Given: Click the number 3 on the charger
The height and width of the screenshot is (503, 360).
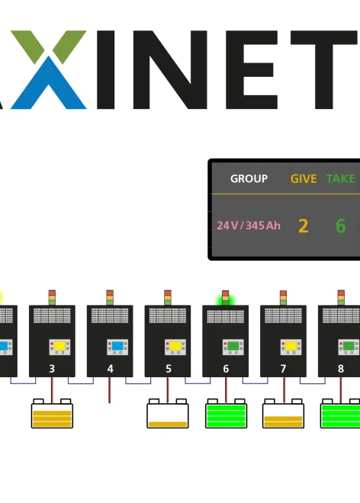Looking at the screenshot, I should point(52,369).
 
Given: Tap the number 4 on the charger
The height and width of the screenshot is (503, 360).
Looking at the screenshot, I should point(110,369).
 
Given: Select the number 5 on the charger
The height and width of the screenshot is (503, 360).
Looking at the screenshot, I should point(168,369).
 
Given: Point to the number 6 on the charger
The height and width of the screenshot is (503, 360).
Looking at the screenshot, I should point(226,369).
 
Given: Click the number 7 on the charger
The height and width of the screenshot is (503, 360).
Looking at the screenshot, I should point(284,369).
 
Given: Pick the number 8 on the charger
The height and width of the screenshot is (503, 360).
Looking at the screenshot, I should point(341,369).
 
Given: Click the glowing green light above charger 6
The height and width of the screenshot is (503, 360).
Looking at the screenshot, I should point(226,299).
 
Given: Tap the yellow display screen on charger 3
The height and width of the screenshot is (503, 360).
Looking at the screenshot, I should point(59,346).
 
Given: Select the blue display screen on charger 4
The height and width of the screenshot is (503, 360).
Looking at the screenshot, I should point(117,346).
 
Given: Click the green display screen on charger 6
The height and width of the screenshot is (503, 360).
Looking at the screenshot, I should point(233,346).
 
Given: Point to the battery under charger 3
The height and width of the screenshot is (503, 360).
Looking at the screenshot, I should point(53,415).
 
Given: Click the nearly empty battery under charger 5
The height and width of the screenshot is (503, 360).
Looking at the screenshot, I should point(168,415).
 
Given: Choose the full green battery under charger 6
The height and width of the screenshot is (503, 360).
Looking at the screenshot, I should point(226,415).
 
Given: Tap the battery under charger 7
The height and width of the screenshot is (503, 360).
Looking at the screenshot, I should point(284,415).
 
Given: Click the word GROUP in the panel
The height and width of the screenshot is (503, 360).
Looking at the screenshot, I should point(249,178).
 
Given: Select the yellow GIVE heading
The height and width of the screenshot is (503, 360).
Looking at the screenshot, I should point(303,178).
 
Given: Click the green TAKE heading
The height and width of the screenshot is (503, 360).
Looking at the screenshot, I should point(341,178).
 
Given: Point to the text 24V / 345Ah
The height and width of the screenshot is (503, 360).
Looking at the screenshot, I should point(248,226).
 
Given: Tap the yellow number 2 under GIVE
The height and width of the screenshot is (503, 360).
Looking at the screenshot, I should point(303,226).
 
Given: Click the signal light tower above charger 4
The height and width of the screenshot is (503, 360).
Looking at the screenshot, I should point(110,297).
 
